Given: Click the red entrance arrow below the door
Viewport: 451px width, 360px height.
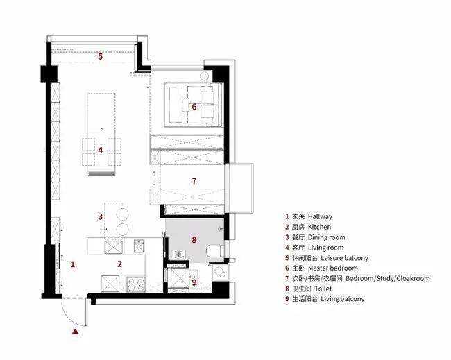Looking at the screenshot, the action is click(76, 332).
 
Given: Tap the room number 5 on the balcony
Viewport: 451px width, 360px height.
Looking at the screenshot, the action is click(100, 56).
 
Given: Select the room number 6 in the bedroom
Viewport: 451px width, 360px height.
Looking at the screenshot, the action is click(194, 107).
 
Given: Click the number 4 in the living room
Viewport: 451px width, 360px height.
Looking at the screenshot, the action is click(101, 150).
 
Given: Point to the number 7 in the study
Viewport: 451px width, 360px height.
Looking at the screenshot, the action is click(194, 181).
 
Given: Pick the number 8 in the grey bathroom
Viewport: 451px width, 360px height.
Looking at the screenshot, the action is click(194, 239).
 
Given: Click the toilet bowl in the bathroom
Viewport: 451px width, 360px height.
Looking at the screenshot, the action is click(215, 251).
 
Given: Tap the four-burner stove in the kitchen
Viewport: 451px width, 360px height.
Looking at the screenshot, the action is click(136, 284).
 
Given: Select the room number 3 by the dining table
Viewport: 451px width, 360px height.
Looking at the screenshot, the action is click(100, 216).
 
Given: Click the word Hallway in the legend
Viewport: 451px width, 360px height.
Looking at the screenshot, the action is click(320, 216).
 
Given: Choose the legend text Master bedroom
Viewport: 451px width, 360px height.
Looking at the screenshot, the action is click(333, 268).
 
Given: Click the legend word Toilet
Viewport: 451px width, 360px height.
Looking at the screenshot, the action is click(323, 289).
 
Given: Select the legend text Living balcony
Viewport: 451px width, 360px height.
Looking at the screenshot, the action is click(343, 299).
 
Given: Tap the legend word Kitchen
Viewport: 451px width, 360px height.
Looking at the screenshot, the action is click(319, 227).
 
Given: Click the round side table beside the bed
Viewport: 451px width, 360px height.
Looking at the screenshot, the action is click(204, 76).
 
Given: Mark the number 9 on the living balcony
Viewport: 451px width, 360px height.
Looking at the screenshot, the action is click(194, 282).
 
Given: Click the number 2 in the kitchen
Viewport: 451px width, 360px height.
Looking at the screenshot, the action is click(119, 264).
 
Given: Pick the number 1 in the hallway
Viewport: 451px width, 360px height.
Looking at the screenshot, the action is click(73, 264).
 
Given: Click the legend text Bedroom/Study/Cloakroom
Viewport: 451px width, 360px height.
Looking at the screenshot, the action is click(387, 278).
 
